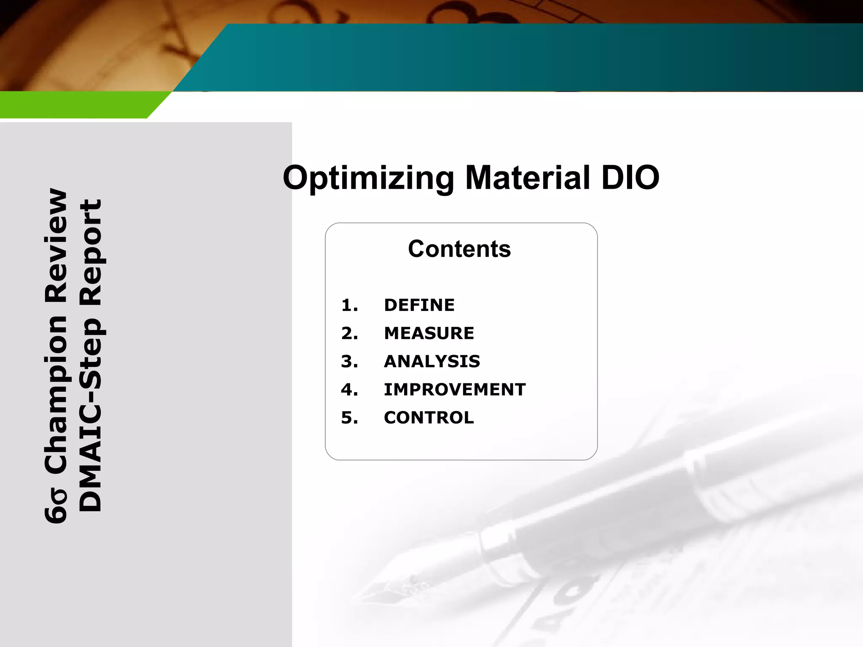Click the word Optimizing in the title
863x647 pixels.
[368, 178]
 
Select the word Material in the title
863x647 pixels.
[527, 177]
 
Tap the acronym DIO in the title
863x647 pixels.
[630, 177]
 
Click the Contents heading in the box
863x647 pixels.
[459, 249]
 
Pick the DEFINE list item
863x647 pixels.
[419, 305]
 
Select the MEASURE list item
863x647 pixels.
[429, 333]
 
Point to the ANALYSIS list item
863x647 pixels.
[432, 361]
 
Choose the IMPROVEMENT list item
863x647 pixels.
[455, 390]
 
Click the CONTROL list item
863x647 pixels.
[429, 418]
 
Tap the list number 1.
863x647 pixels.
[349, 305]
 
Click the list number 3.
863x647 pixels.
[349, 361]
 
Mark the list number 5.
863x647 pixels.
[349, 418]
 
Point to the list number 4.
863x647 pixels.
[349, 390]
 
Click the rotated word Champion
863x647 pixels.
[56, 394]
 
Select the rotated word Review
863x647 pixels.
[56, 246]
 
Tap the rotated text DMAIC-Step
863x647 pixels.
[91, 415]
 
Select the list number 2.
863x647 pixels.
[349, 333]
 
